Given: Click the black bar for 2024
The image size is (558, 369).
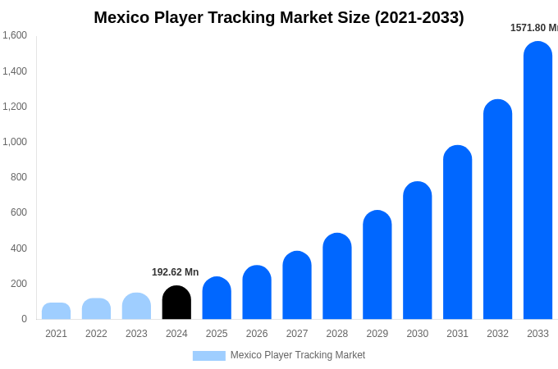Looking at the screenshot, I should click(x=176, y=303).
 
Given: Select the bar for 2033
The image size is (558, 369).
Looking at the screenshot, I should click(x=537, y=180).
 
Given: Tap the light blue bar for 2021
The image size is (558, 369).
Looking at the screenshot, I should click(x=56, y=311).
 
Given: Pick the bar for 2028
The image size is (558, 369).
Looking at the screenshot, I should click(x=337, y=276).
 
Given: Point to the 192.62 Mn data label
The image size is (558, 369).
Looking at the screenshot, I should click(x=175, y=272).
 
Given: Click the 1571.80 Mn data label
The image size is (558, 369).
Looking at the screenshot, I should click(x=533, y=28).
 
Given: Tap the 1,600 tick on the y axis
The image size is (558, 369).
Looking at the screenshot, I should click(x=15, y=35).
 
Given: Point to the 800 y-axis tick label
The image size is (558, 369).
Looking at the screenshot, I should click(x=18, y=177).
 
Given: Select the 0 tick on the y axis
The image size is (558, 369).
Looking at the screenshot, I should click(x=24, y=319).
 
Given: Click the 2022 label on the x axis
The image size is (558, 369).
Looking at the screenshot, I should click(x=96, y=334).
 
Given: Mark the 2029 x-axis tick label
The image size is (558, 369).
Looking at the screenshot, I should click(x=377, y=334).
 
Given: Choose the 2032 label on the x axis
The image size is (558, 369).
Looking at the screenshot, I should click(x=497, y=334).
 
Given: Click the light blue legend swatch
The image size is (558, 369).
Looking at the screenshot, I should click(x=208, y=356).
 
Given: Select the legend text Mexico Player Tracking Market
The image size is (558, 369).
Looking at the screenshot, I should click(x=298, y=355).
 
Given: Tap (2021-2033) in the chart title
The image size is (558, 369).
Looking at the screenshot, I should click(x=419, y=17).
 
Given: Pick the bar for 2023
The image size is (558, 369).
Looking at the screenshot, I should click(x=136, y=306).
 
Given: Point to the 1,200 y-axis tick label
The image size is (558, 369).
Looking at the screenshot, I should click(x=15, y=107).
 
